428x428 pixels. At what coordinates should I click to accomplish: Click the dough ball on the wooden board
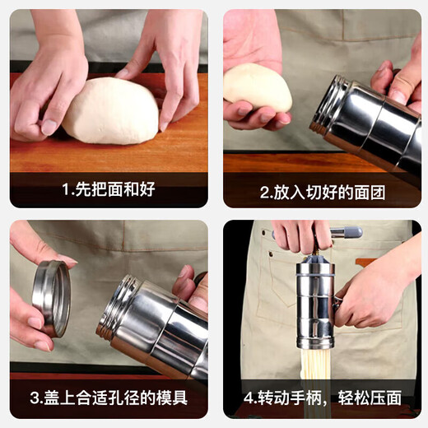tap(110, 110)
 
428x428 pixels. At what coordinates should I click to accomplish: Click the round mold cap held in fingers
tap(51, 299)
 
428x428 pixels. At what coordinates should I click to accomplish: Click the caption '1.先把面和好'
tap(109, 189)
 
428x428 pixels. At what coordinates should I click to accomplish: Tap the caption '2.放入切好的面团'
tap(323, 192)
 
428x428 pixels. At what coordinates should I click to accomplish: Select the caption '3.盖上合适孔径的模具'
tap(109, 398)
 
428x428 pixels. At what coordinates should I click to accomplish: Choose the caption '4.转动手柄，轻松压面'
tap(323, 398)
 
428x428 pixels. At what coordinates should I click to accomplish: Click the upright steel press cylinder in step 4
tap(315, 306)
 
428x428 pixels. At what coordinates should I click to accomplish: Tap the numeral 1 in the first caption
tap(66, 189)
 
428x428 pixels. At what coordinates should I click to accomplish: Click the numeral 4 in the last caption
tap(249, 398)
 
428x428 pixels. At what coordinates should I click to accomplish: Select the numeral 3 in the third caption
tap(35, 398)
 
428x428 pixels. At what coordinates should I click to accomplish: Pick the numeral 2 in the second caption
tap(265, 193)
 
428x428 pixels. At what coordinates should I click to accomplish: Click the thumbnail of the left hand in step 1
tap(49, 127)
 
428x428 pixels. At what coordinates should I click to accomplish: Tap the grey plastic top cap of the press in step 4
tap(315, 259)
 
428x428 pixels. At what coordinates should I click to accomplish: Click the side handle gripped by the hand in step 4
tap(338, 302)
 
